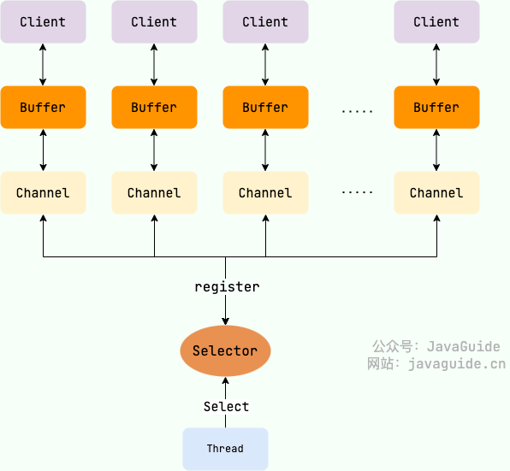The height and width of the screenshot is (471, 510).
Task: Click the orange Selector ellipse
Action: [x=225, y=351]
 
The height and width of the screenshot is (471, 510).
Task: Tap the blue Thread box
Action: [x=225, y=449]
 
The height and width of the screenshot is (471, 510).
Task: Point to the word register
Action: [x=227, y=287]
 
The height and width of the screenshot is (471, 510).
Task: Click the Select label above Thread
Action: [x=226, y=407]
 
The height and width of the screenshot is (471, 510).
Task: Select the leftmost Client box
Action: [x=43, y=22]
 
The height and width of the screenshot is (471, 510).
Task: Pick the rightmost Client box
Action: [x=436, y=22]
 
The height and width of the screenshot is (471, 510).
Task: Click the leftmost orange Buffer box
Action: [x=43, y=108]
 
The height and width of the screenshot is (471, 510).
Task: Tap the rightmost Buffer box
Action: [x=436, y=108]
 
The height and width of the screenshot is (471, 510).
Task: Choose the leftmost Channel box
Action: [x=43, y=193]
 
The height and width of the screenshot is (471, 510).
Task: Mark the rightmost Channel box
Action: [x=436, y=193]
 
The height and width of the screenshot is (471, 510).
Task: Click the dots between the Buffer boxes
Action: [x=357, y=110]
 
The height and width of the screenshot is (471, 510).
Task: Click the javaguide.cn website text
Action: [x=456, y=364]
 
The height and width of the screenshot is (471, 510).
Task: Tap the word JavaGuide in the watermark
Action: [x=463, y=346]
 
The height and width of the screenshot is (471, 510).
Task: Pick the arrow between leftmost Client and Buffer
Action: [x=43, y=65]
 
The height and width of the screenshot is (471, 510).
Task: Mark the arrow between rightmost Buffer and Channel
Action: [x=436, y=150]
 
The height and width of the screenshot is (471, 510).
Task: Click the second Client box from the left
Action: [x=154, y=22]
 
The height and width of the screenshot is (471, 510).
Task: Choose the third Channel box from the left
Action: [x=265, y=193]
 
